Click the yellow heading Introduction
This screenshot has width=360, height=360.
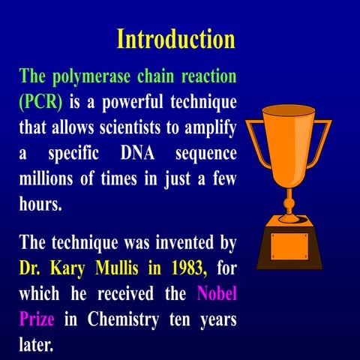coord(176,38)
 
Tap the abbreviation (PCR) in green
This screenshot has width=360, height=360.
coord(40,101)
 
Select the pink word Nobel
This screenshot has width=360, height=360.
coord(217,293)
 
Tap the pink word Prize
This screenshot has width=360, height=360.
coord(37,319)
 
